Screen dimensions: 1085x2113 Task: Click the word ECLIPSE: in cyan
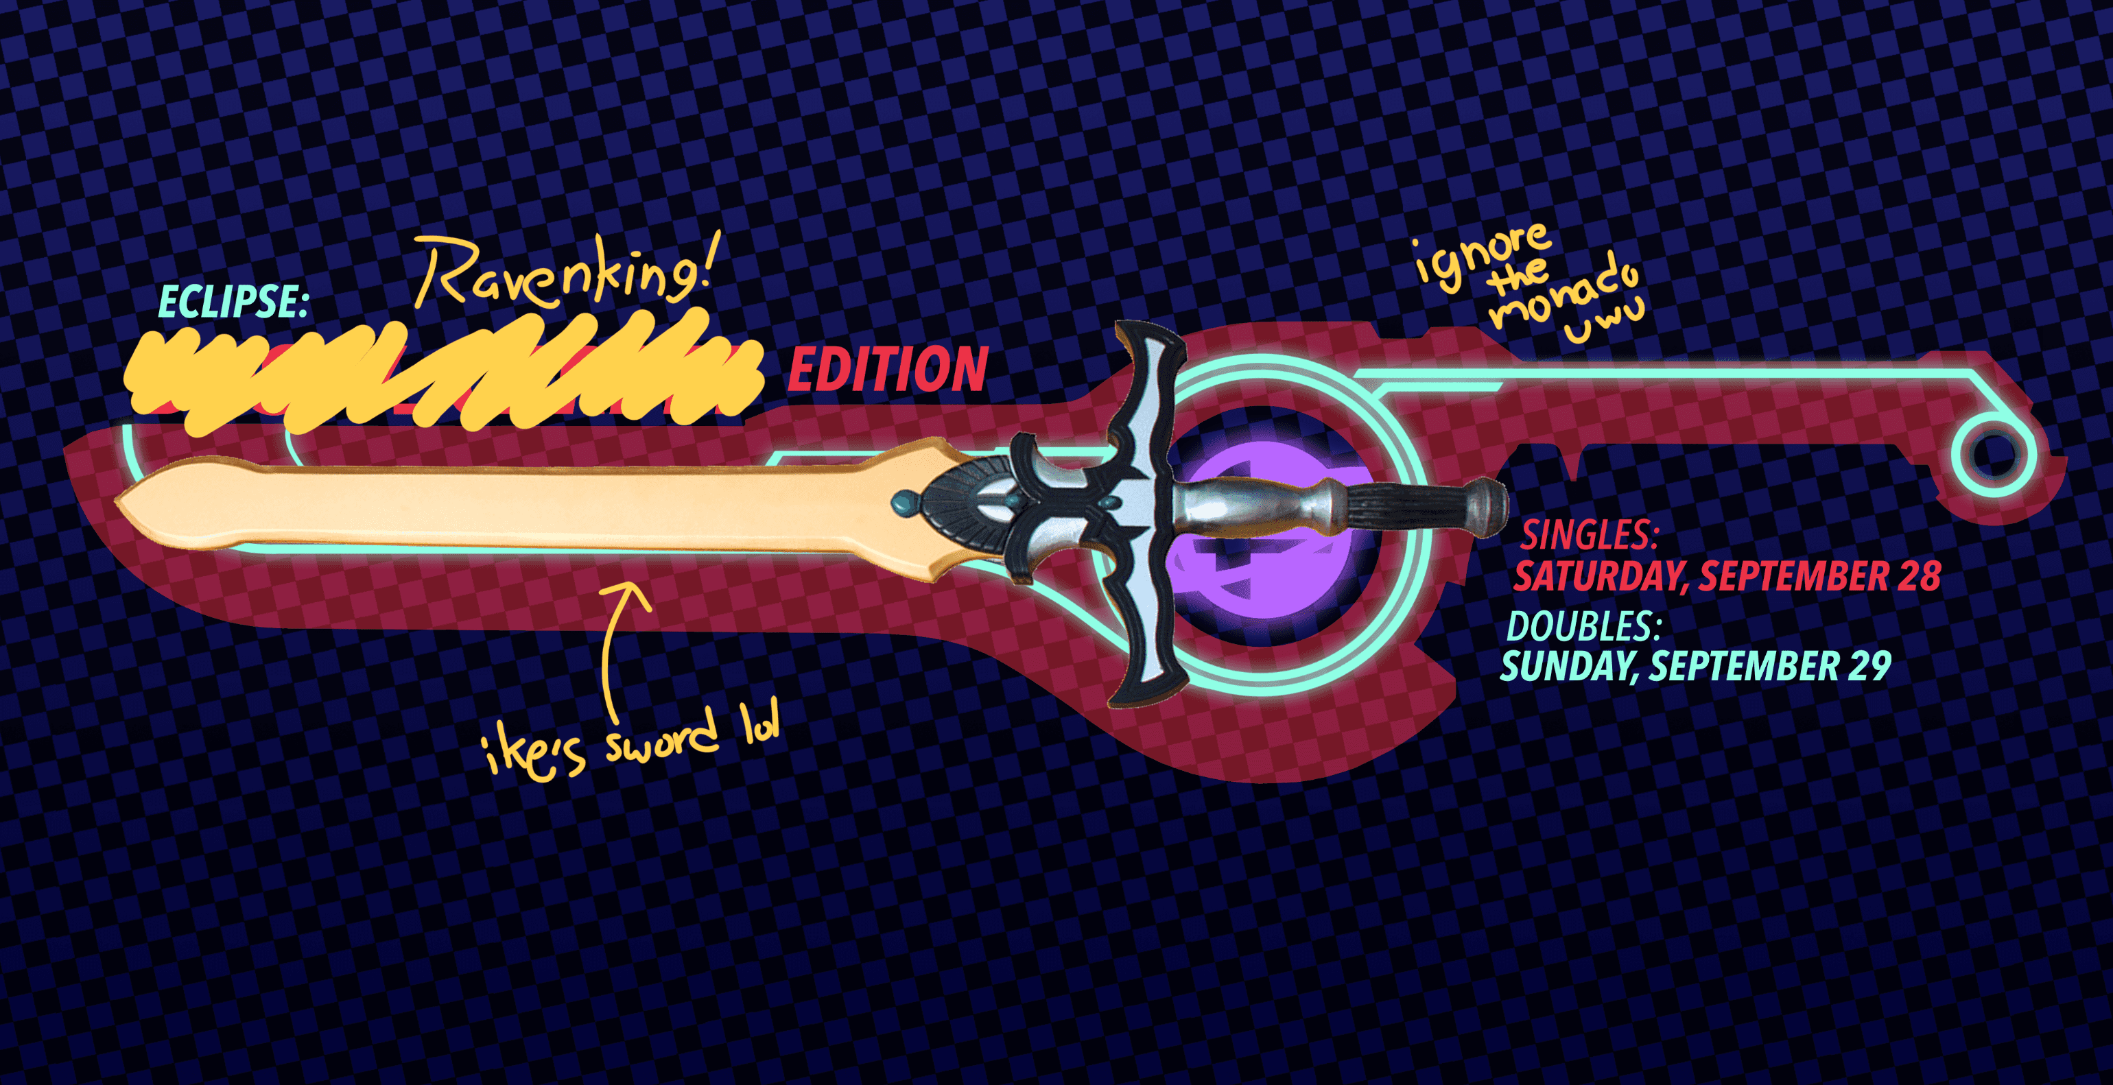click(233, 302)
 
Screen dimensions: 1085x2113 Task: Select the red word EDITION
click(888, 370)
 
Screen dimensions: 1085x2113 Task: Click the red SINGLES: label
click(1590, 536)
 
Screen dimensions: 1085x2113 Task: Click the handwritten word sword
click(661, 741)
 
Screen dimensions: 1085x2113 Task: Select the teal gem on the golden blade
click(902, 502)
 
